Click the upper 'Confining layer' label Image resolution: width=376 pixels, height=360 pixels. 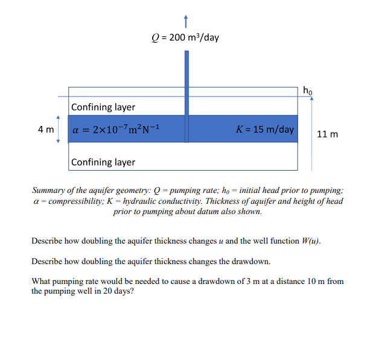point(103,107)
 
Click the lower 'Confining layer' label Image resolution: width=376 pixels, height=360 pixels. point(103,162)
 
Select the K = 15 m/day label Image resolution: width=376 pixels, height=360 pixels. point(266,129)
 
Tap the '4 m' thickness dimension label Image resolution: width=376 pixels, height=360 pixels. point(45,129)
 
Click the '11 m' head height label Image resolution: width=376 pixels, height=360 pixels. point(327,133)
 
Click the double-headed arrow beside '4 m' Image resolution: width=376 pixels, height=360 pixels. point(59,129)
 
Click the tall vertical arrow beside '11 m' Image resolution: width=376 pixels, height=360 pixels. point(311,133)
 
